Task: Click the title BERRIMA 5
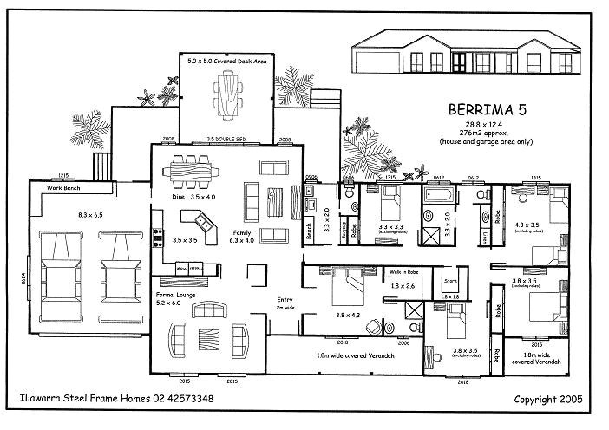pos(487,110)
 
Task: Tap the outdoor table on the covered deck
pos(229,94)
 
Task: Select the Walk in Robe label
pos(407,272)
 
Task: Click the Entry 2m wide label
pos(285,303)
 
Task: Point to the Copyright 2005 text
pos(548,400)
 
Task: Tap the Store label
pos(449,281)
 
